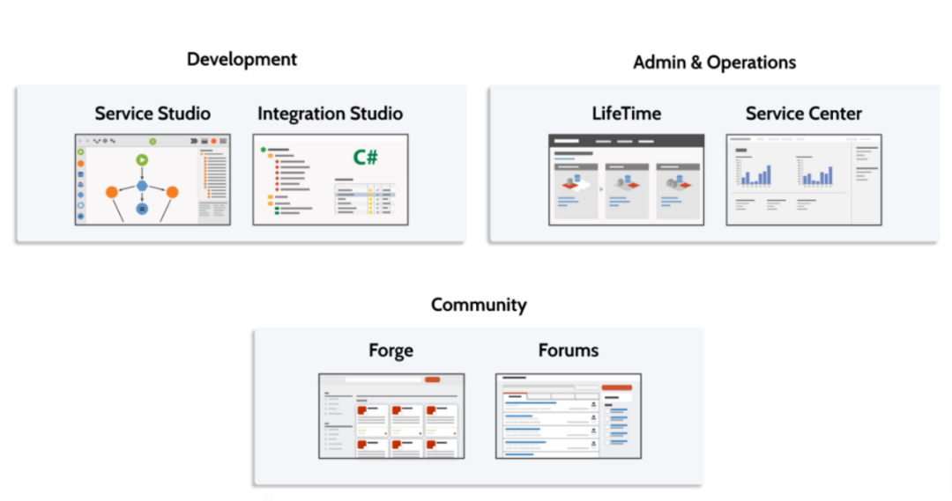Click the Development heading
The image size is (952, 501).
242,59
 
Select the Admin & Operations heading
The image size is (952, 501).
714,63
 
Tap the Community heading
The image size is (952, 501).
479,305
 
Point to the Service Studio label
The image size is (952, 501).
152,114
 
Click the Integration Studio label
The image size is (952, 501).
330,114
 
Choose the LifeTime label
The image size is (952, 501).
626,114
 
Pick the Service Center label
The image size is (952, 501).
803,114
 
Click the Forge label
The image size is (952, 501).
390,350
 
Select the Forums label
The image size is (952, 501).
569,350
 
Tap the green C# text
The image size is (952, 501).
366,158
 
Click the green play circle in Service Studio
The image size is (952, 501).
141,160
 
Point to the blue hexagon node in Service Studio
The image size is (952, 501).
141,187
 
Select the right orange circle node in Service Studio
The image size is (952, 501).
172,192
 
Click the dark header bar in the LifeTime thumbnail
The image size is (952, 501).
626,141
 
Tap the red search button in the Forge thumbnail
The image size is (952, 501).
432,379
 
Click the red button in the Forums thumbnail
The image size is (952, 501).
616,387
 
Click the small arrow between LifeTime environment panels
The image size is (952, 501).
601,188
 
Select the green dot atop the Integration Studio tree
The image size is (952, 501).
263,150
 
